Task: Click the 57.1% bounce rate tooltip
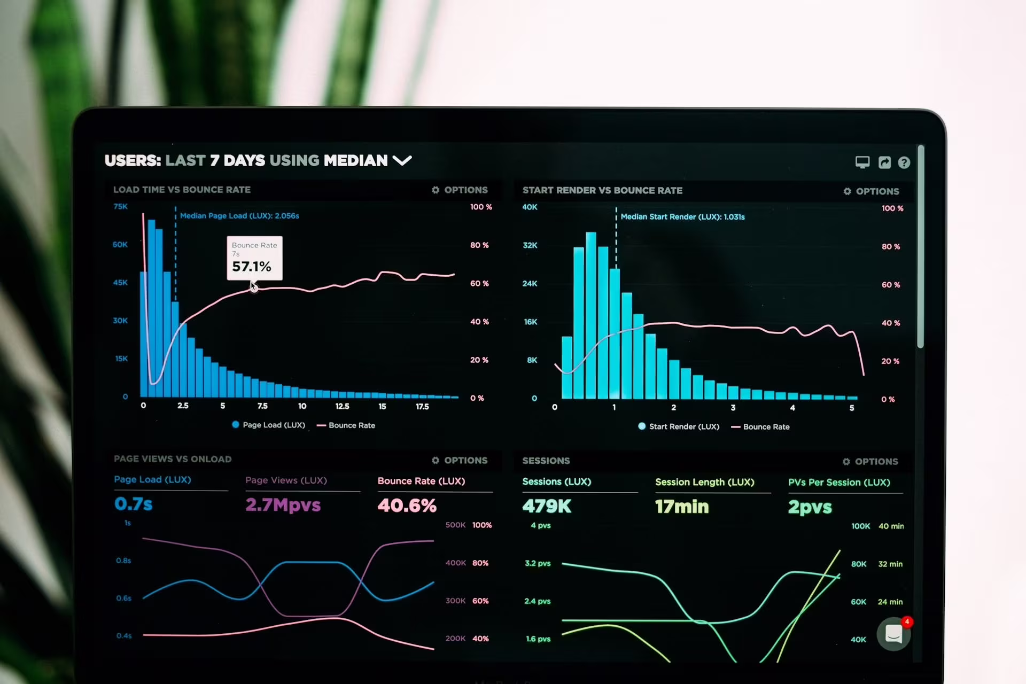click(254, 258)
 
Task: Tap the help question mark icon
click(904, 162)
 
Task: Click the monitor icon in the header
click(862, 162)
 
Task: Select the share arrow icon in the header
click(884, 162)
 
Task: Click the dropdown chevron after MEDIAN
click(402, 160)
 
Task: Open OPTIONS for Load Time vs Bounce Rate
click(460, 190)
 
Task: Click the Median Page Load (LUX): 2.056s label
click(239, 216)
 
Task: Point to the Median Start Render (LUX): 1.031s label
click(682, 217)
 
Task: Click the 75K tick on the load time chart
click(120, 207)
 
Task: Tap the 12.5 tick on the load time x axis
click(342, 406)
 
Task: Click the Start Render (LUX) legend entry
click(679, 426)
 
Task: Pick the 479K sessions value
click(547, 506)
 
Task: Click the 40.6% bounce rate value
click(407, 506)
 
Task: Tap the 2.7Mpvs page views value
click(283, 505)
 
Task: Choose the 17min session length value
click(682, 507)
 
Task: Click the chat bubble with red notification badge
click(893, 634)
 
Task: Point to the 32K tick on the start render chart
click(530, 245)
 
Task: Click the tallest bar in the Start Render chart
click(590, 315)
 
